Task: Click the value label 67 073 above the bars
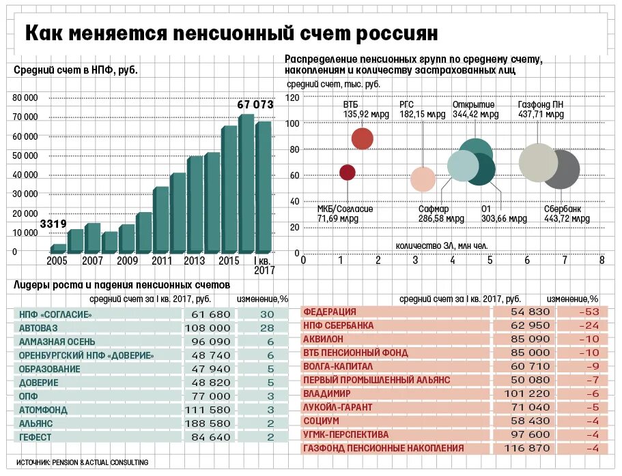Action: [255, 105]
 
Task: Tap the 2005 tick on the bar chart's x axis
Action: [57, 261]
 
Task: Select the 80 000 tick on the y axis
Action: [25, 98]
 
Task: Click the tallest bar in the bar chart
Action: [246, 184]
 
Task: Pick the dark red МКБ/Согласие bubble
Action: [348, 173]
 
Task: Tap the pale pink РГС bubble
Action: [423, 179]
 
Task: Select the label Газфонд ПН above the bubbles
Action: [541, 105]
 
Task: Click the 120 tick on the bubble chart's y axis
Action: [292, 98]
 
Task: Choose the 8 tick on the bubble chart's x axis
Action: [602, 260]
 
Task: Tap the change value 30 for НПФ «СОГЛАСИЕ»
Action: [266, 314]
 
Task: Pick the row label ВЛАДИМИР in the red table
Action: [327, 393]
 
